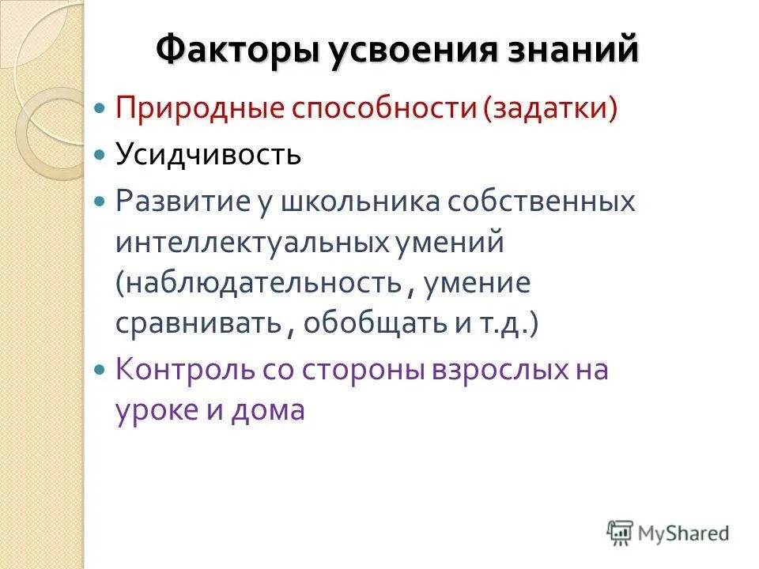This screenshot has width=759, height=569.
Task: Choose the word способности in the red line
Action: point(383,108)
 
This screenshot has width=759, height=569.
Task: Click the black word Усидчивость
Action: point(209,153)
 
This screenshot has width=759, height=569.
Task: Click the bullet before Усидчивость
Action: point(99,154)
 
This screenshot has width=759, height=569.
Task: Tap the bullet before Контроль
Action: point(99,369)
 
